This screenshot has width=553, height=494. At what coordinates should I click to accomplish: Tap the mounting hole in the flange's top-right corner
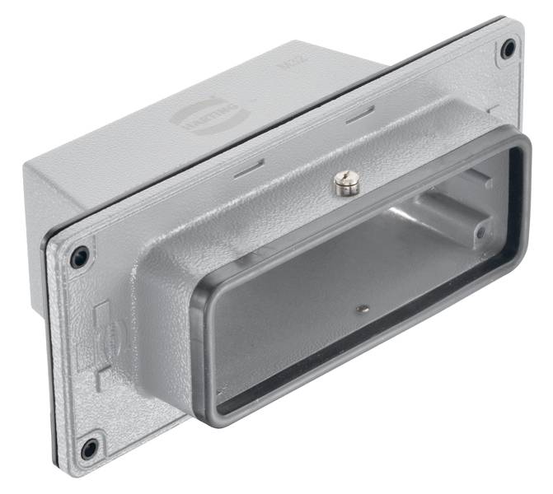click(x=508, y=49)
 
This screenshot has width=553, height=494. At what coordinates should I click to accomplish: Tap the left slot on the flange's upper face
click(x=249, y=170)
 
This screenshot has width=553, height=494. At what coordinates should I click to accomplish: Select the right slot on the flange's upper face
click(x=360, y=117)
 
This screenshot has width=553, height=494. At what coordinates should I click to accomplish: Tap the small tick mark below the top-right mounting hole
click(x=491, y=108)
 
